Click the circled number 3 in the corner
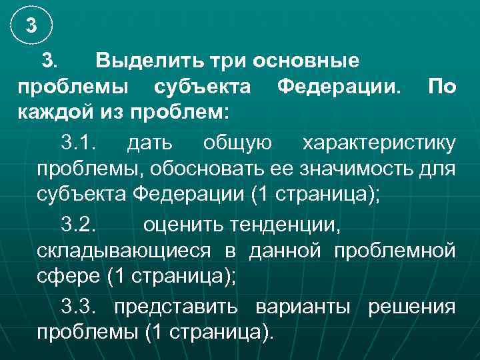coord(31,27)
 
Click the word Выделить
coord(137,61)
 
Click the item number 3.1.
coord(79,143)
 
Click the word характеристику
coord(379,143)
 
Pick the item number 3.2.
coord(79,225)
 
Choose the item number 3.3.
coord(79,307)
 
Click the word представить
coord(179,307)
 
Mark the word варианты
coord(304,307)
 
